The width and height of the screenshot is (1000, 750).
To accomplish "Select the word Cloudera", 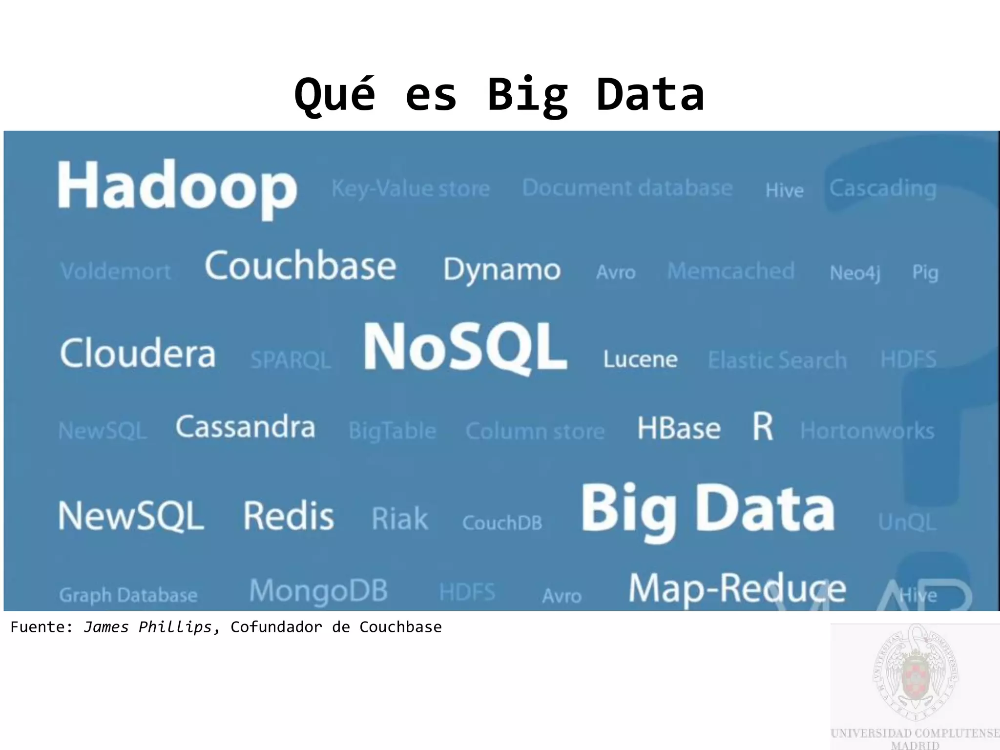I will tap(138, 353).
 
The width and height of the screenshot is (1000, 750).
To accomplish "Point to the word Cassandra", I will tap(246, 427).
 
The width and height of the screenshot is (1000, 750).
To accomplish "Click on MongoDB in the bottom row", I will tap(318, 591).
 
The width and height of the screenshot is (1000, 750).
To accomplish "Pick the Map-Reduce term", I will tap(737, 589).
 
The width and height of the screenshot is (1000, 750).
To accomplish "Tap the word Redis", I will tap(289, 516).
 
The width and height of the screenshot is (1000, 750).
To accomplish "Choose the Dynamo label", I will tap(502, 270).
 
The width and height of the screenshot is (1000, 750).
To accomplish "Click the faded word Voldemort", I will tap(116, 271).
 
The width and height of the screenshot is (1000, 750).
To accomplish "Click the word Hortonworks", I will tap(867, 431).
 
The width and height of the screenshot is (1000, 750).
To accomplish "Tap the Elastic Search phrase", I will tap(777, 360).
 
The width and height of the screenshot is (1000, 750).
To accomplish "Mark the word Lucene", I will tap(640, 359).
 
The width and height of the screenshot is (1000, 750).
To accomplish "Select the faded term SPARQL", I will tap(291, 360).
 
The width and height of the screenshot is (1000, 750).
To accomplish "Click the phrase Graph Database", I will tap(128, 595).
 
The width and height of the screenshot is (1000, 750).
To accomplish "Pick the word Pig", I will tap(925, 272).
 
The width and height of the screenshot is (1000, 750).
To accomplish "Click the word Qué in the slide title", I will tap(335, 95).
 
